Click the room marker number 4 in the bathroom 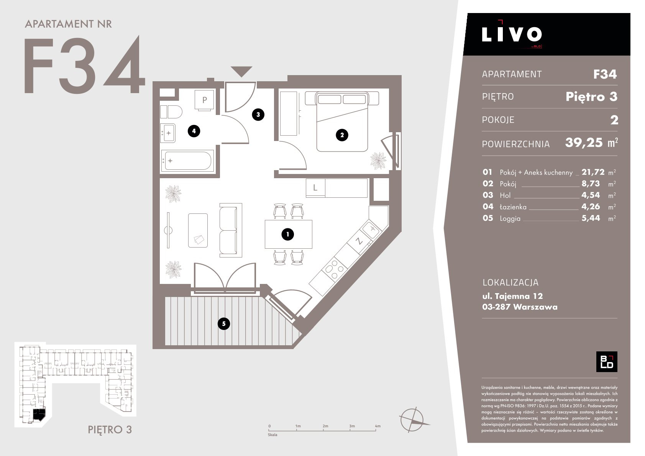click(x=194, y=131)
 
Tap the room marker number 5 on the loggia click(x=224, y=323)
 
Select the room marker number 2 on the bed click(x=342, y=135)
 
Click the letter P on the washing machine click(x=205, y=100)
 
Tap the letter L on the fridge click(x=315, y=188)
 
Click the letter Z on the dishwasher click(x=359, y=241)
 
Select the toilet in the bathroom click(x=171, y=112)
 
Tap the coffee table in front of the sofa click(x=198, y=230)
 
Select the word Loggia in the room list click(x=510, y=218)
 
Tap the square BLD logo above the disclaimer click(x=607, y=362)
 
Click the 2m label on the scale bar click(x=325, y=426)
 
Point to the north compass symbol click(x=413, y=420)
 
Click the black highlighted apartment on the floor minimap click(x=39, y=415)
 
